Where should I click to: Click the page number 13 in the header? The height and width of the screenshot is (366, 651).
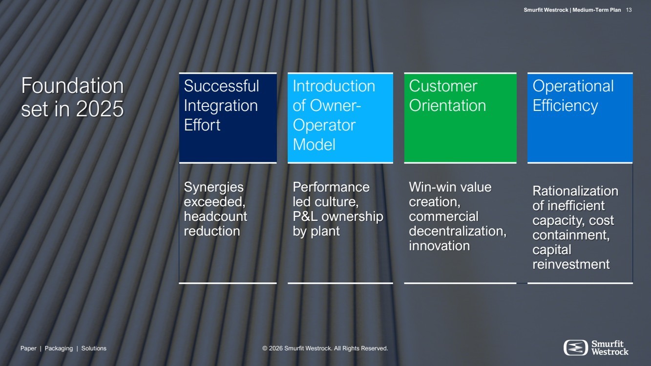point(629,10)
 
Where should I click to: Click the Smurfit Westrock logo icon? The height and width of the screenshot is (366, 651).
point(576,347)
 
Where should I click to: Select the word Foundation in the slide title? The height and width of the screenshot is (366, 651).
point(72,86)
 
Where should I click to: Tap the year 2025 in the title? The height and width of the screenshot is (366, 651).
point(100,109)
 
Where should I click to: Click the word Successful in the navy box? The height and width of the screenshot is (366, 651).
point(221,86)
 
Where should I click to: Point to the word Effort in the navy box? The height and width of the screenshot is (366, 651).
point(202,125)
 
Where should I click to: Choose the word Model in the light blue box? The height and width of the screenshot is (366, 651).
point(314,145)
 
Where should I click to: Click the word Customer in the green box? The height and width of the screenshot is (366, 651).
point(443,86)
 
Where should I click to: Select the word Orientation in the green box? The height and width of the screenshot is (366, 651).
point(447,105)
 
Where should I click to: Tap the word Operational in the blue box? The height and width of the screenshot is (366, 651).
point(573,86)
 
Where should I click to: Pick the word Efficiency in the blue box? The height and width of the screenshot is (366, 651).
point(565,106)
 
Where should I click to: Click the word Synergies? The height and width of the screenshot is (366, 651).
point(213,188)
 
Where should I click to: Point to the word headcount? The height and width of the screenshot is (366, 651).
point(215,216)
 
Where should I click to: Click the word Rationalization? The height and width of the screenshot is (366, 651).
point(575,191)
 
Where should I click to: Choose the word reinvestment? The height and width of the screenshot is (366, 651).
point(571,264)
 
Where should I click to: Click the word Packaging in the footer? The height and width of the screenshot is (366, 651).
point(59,348)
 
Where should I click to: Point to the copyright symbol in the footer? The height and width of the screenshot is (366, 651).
point(265,348)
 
